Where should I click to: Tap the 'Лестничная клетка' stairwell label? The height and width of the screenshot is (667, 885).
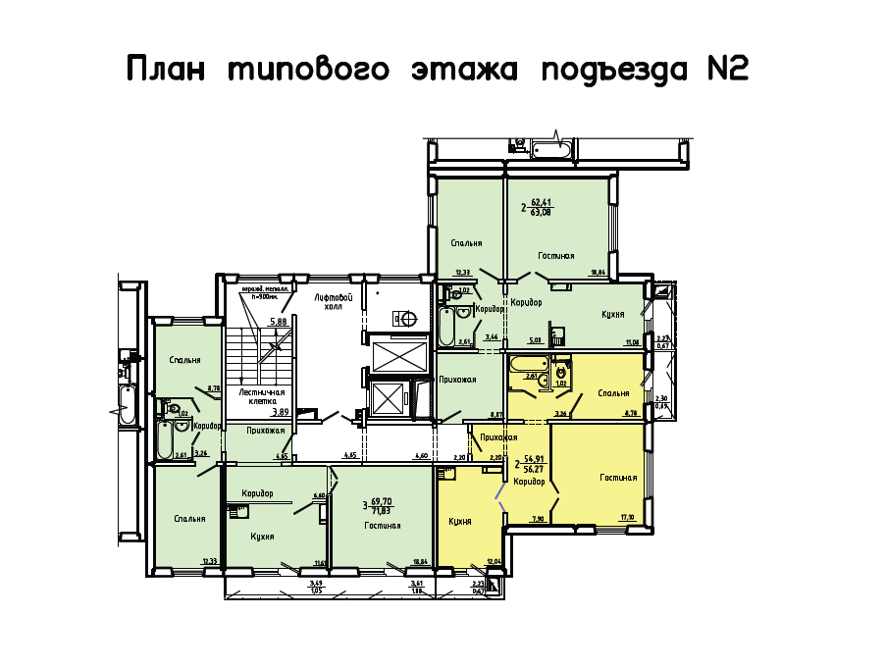point(262,395)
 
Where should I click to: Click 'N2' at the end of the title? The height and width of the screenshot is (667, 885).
point(727,70)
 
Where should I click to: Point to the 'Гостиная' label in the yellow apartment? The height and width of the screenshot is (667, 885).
point(618,479)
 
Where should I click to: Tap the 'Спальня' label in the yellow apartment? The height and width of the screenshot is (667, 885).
point(613,393)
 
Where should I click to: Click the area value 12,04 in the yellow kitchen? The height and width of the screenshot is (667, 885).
point(493,562)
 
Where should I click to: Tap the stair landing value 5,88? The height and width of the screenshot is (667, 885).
point(278,322)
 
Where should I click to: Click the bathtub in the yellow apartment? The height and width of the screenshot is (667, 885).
point(523,364)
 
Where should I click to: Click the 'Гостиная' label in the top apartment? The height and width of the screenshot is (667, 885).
point(555,256)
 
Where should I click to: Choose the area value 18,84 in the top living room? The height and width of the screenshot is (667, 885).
point(596,274)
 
